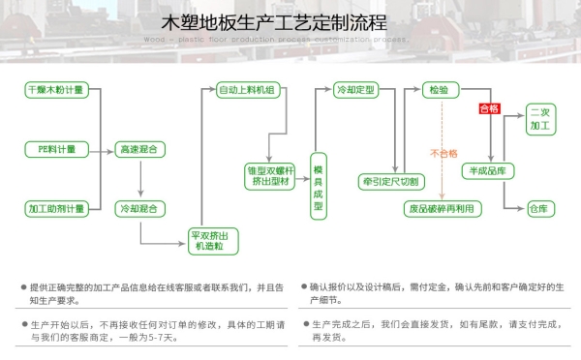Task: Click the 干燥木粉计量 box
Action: click(56, 90)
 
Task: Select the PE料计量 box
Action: click(56, 149)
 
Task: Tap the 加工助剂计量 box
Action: click(56, 208)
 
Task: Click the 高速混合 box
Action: click(139, 149)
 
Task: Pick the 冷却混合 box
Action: click(139, 208)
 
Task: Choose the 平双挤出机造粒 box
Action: click(211, 241)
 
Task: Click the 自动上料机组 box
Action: click(246, 90)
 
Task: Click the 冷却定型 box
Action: click(353, 90)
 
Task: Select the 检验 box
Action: click(439, 90)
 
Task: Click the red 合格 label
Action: click(489, 109)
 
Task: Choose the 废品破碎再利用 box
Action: click(443, 208)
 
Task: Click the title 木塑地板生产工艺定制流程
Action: click(290, 21)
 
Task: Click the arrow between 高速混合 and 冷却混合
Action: click(139, 179)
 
